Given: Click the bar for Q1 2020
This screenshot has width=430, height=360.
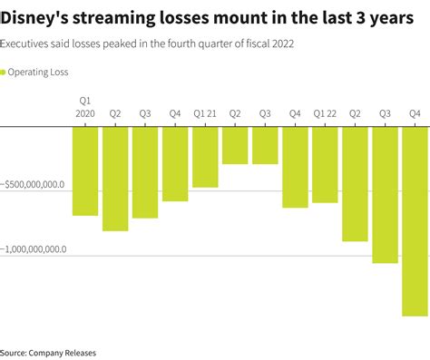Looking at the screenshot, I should [x=85, y=170].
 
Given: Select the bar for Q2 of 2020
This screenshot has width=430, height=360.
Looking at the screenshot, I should [x=115, y=179].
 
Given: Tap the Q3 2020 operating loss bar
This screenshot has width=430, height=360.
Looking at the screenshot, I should [x=145, y=172].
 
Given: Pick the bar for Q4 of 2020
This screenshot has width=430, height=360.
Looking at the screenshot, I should [x=175, y=164].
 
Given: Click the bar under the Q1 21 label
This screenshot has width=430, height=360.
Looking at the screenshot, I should [x=205, y=157].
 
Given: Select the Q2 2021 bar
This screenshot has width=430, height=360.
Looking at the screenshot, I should [x=235, y=145].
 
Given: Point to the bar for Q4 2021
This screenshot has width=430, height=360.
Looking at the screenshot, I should [x=295, y=167].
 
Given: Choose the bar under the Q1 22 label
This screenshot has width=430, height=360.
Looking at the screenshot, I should [x=325, y=164].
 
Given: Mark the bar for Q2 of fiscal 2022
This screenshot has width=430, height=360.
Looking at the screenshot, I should [x=355, y=184].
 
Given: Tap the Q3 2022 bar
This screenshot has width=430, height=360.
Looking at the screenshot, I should [x=385, y=195].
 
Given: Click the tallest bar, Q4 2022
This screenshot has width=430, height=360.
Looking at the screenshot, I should [x=415, y=221].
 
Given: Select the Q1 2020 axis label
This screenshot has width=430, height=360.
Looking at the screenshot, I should [x=85, y=108].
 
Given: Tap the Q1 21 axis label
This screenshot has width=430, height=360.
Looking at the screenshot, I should [x=205, y=114].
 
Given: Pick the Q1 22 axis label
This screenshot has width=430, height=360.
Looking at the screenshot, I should [x=325, y=114].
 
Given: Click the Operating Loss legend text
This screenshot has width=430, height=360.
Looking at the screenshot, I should [x=39, y=72].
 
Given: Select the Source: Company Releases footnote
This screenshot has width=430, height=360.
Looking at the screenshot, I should [x=48, y=352].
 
